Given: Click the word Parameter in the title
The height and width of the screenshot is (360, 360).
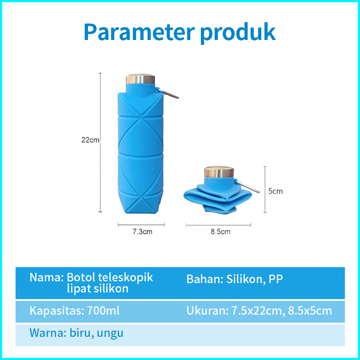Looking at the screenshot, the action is click(x=140, y=32).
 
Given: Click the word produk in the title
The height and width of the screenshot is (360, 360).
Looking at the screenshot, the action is click(x=238, y=33).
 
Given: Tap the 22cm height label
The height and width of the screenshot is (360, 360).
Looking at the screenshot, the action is click(x=90, y=140).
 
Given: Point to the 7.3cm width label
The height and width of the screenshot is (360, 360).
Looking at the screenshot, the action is click(x=142, y=232).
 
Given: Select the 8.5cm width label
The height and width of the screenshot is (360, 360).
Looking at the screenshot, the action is click(x=220, y=232).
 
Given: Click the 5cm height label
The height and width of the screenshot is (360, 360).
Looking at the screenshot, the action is click(x=275, y=191).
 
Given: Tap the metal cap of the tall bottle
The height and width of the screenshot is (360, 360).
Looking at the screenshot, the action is click(x=140, y=79).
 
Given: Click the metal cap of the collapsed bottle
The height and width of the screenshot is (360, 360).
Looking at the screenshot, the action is click(x=219, y=172).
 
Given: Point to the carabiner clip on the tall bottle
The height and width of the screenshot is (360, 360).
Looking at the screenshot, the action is click(x=168, y=93).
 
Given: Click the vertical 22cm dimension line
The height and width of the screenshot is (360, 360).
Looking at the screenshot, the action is click(x=100, y=142).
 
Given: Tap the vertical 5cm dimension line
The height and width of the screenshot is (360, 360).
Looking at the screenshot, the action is click(x=265, y=189).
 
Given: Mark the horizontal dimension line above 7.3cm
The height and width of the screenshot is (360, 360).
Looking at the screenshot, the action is click(x=141, y=225).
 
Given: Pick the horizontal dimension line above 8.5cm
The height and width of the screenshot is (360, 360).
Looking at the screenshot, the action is click(x=218, y=225).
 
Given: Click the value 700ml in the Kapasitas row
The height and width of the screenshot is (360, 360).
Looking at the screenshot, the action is click(x=103, y=311).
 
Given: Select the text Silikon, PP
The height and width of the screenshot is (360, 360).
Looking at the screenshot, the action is click(x=254, y=279).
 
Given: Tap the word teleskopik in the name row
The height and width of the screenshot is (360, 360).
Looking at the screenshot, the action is click(x=125, y=278).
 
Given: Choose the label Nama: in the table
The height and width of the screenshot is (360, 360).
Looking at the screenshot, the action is click(x=47, y=277).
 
